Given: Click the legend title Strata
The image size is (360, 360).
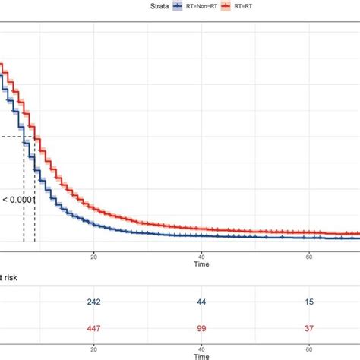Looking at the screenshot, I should (x=157, y=5).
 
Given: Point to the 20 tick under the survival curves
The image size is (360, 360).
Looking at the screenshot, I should (x=93, y=257).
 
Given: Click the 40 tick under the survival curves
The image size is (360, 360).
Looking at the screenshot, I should (x=201, y=257).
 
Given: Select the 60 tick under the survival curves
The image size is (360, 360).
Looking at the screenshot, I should (x=309, y=257).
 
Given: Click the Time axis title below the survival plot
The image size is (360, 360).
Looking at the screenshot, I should (x=201, y=267).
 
